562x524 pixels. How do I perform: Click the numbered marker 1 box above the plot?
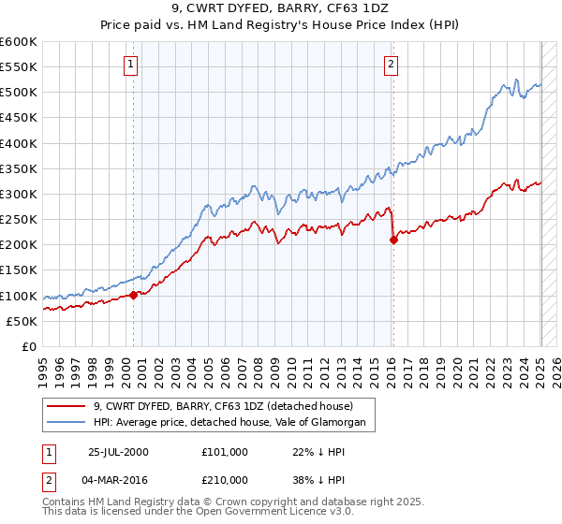click(129, 65)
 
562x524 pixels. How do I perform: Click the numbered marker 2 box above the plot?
click(390, 65)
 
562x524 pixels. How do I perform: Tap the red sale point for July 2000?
click(134, 295)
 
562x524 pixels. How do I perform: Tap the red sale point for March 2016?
click(393, 240)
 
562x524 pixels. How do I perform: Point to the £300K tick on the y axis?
click(21, 195)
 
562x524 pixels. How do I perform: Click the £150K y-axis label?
click(21, 270)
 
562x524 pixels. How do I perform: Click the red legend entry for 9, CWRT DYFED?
click(223, 407)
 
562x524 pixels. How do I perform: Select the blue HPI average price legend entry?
click(234, 424)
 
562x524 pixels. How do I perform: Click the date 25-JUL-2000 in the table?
click(118, 451)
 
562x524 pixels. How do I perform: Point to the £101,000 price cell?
click(224, 451)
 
